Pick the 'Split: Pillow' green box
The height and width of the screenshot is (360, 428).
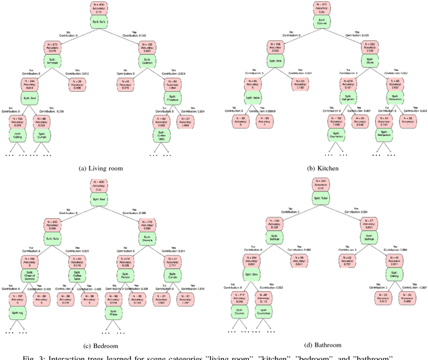tap(112, 311)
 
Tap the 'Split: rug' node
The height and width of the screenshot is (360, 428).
tap(15, 312)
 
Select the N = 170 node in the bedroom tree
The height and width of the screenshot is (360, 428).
tap(145, 224)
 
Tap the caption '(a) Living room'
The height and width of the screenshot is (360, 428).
tap(100, 168)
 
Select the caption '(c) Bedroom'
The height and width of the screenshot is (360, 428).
tap(100, 345)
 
